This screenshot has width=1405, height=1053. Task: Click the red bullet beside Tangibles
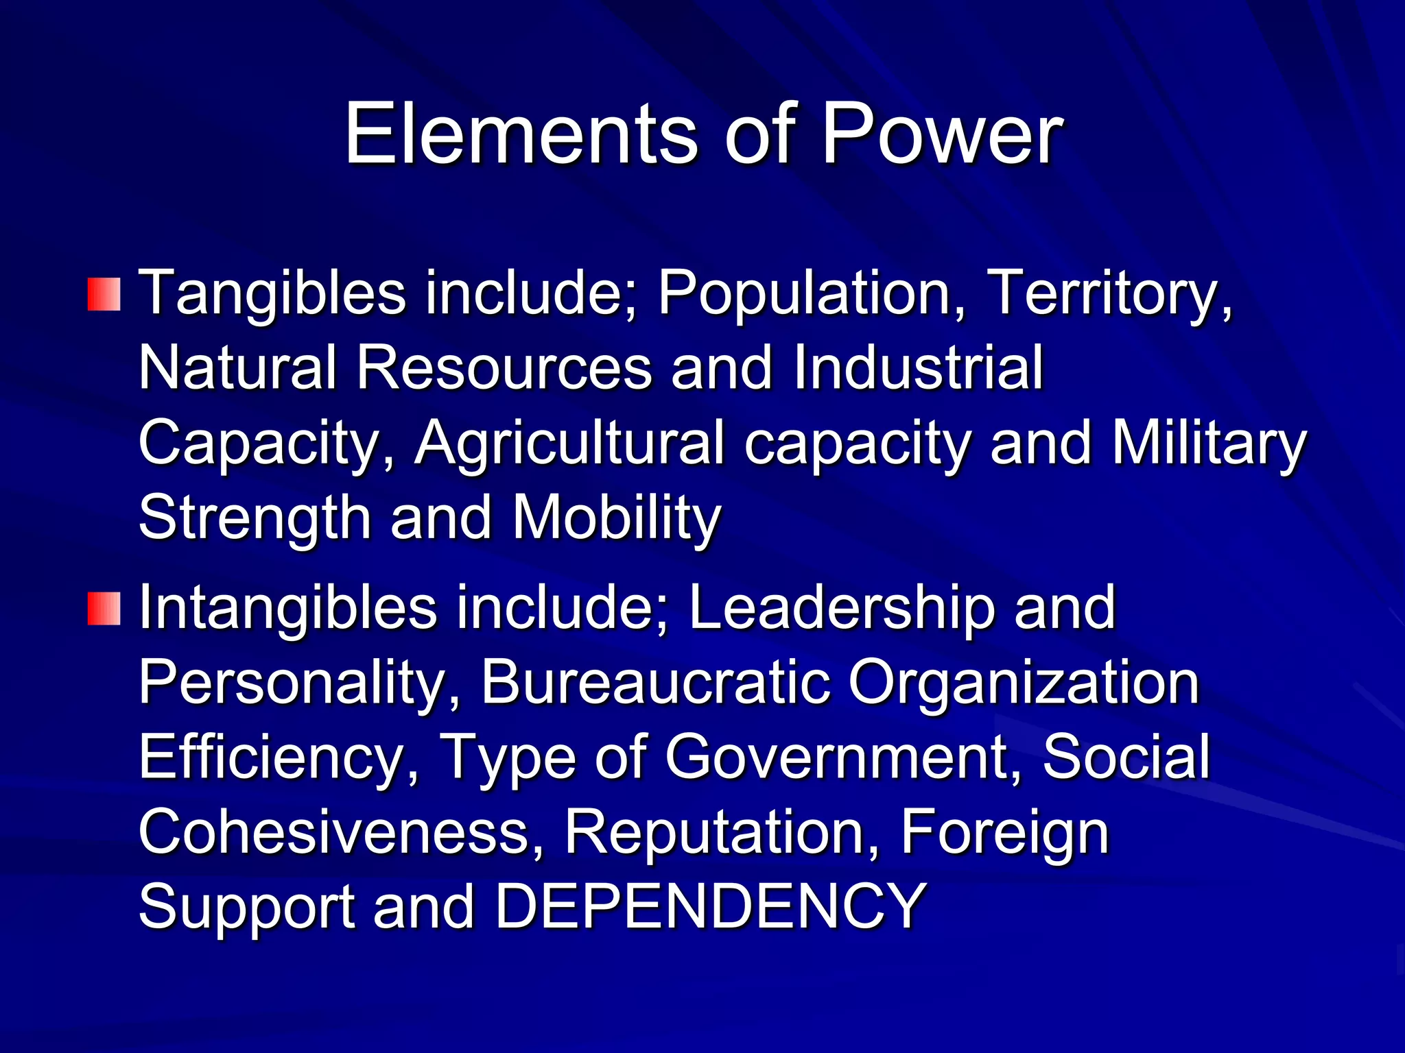104,294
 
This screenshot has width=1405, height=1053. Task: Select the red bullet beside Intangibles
104,609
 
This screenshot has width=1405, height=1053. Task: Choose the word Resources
504,368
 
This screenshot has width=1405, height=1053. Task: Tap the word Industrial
918,368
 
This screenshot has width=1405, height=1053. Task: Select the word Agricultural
569,444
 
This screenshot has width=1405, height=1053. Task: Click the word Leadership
841,608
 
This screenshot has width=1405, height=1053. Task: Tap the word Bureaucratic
655,683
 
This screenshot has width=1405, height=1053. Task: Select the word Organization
1024,683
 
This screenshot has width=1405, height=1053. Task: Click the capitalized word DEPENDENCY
711,906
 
